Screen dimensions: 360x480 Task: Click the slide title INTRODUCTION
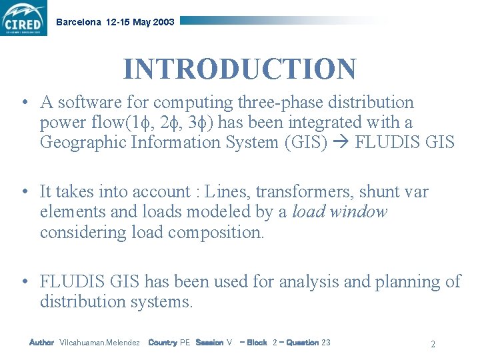(x=239, y=69)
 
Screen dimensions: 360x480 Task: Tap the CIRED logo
(x=24, y=19)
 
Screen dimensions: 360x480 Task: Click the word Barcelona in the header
(x=79, y=22)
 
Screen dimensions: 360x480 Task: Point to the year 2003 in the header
(x=164, y=22)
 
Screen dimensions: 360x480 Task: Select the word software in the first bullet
(x=85, y=103)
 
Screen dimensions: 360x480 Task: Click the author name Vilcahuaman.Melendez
(x=99, y=343)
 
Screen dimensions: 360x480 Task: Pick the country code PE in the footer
(x=185, y=343)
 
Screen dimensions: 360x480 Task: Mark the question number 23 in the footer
(x=326, y=343)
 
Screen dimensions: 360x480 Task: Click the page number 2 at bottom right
(x=433, y=345)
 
